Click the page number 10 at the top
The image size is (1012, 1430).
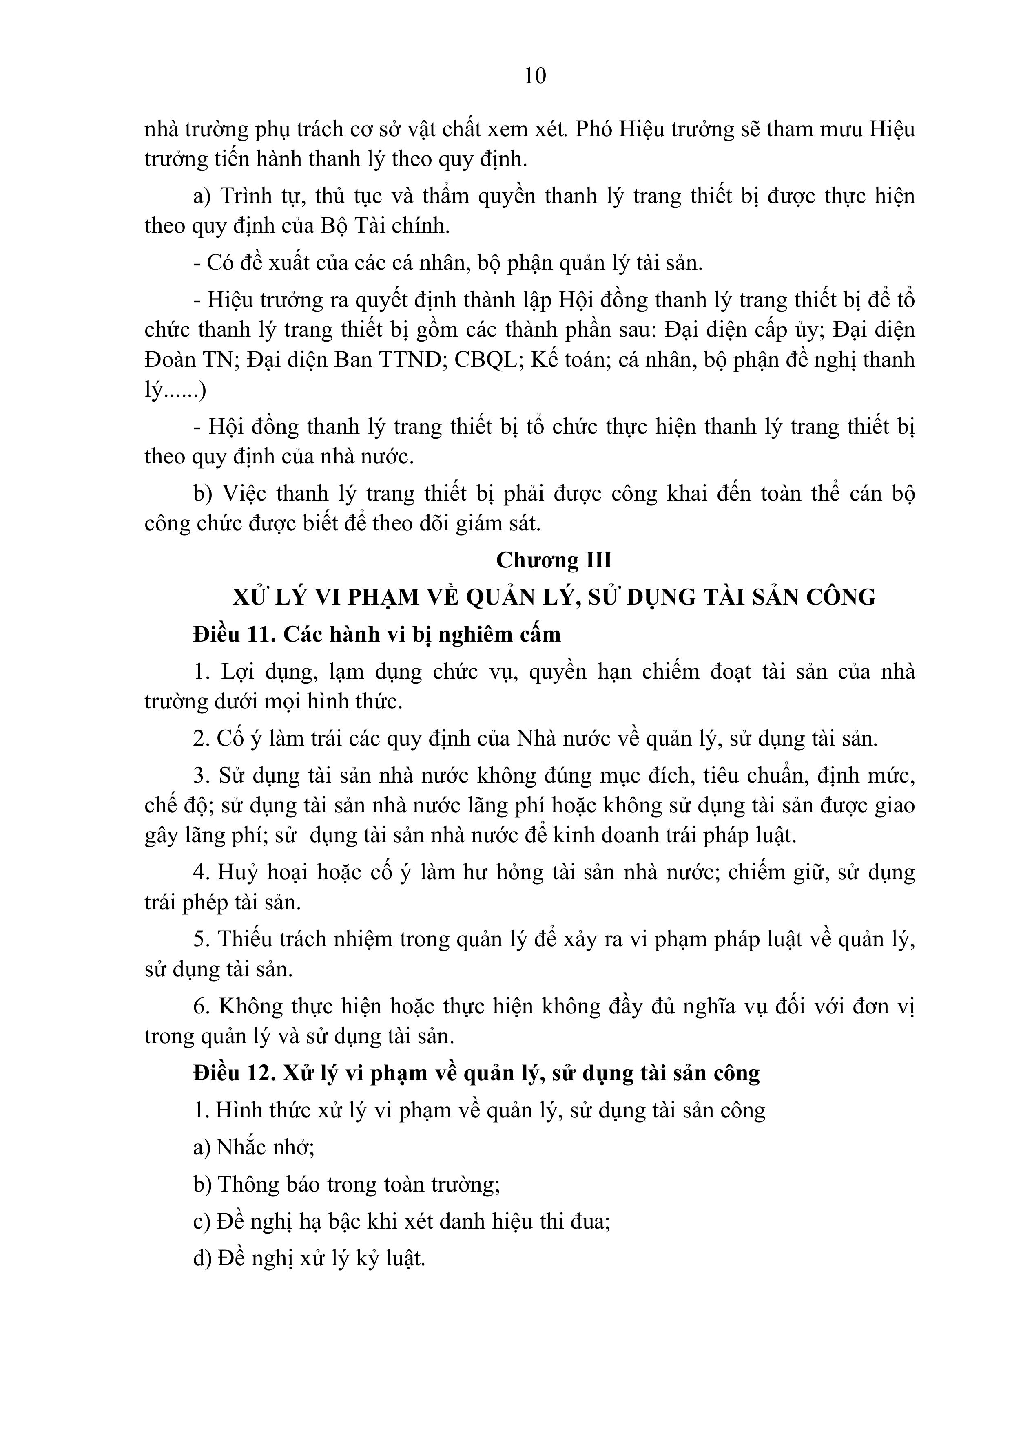pyautogui.click(x=535, y=76)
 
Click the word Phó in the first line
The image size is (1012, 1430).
pyautogui.click(x=595, y=130)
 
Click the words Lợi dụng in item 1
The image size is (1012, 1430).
pyautogui.click(x=268, y=673)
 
